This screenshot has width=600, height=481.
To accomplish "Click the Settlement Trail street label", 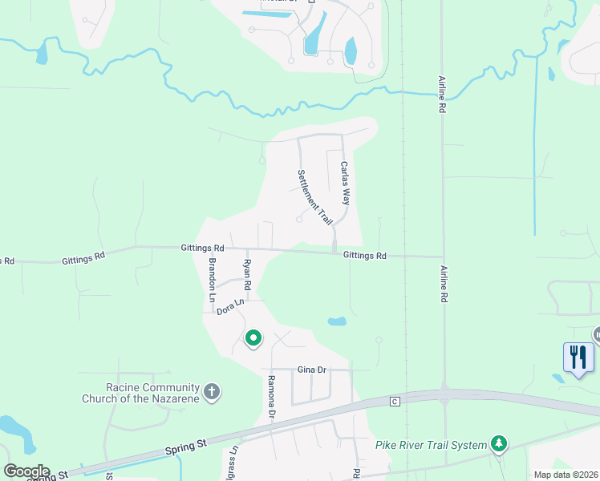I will click(x=315, y=196).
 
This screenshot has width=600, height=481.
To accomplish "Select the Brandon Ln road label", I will click(x=213, y=280).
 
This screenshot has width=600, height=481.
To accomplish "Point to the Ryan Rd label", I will click(x=248, y=274).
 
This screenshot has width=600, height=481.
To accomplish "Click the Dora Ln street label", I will click(x=229, y=306).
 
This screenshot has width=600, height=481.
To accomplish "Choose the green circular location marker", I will click(x=253, y=338).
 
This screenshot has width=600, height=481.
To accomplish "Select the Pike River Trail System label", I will click(x=432, y=445).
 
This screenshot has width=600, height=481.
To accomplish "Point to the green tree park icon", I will click(x=500, y=443).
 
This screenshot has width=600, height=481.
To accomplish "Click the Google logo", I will click(x=26, y=471).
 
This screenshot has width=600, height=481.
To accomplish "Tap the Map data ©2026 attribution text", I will click(x=566, y=475).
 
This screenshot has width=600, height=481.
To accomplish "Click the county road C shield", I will click(x=395, y=401).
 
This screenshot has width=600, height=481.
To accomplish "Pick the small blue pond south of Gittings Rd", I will click(x=337, y=321).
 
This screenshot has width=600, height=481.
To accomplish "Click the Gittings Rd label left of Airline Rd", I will click(x=365, y=256).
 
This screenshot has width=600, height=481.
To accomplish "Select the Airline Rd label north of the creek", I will click(x=441, y=95).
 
